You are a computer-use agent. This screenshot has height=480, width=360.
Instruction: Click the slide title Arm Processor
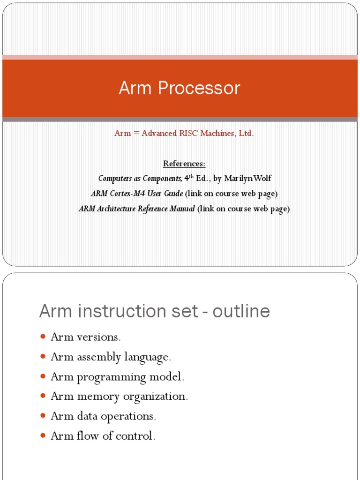180,88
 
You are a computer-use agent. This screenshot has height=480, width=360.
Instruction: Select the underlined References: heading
184,163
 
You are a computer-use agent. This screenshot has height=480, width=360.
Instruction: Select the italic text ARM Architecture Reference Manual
137,209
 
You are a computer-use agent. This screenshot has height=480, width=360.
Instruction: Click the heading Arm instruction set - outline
155,311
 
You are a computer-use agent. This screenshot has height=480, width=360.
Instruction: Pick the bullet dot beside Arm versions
43,337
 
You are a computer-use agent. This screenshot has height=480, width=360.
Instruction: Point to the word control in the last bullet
139,436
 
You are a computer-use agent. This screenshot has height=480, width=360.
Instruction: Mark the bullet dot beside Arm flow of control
43,436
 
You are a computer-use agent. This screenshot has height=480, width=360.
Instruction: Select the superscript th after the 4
190,176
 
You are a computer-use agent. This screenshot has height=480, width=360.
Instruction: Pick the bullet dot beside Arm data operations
43,416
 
